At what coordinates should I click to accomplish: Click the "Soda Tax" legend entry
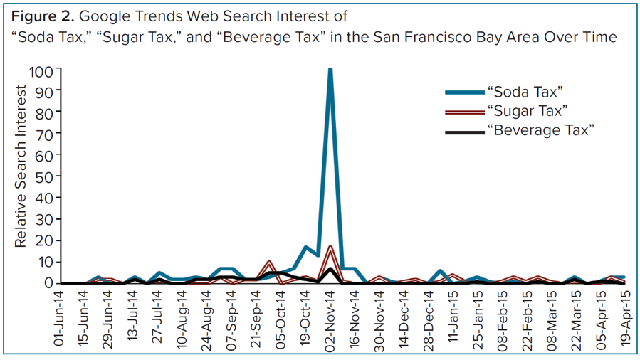[524, 92]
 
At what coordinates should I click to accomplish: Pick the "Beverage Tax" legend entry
[540, 129]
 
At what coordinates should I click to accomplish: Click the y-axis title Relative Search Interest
[21, 166]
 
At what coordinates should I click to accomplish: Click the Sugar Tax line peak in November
[330, 248]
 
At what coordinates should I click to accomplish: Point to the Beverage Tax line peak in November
[330, 269]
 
